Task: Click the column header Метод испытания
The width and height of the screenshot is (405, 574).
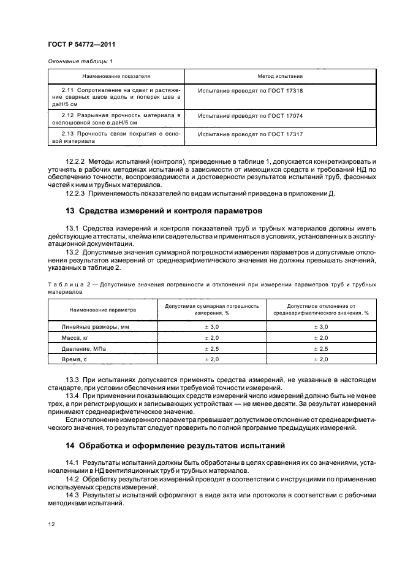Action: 281,77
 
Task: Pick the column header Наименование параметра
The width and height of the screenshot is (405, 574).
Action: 103,310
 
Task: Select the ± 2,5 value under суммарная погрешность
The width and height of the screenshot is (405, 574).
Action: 211,348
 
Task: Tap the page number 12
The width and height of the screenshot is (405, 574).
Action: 51,525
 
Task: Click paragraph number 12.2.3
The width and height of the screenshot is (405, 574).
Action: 75,194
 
